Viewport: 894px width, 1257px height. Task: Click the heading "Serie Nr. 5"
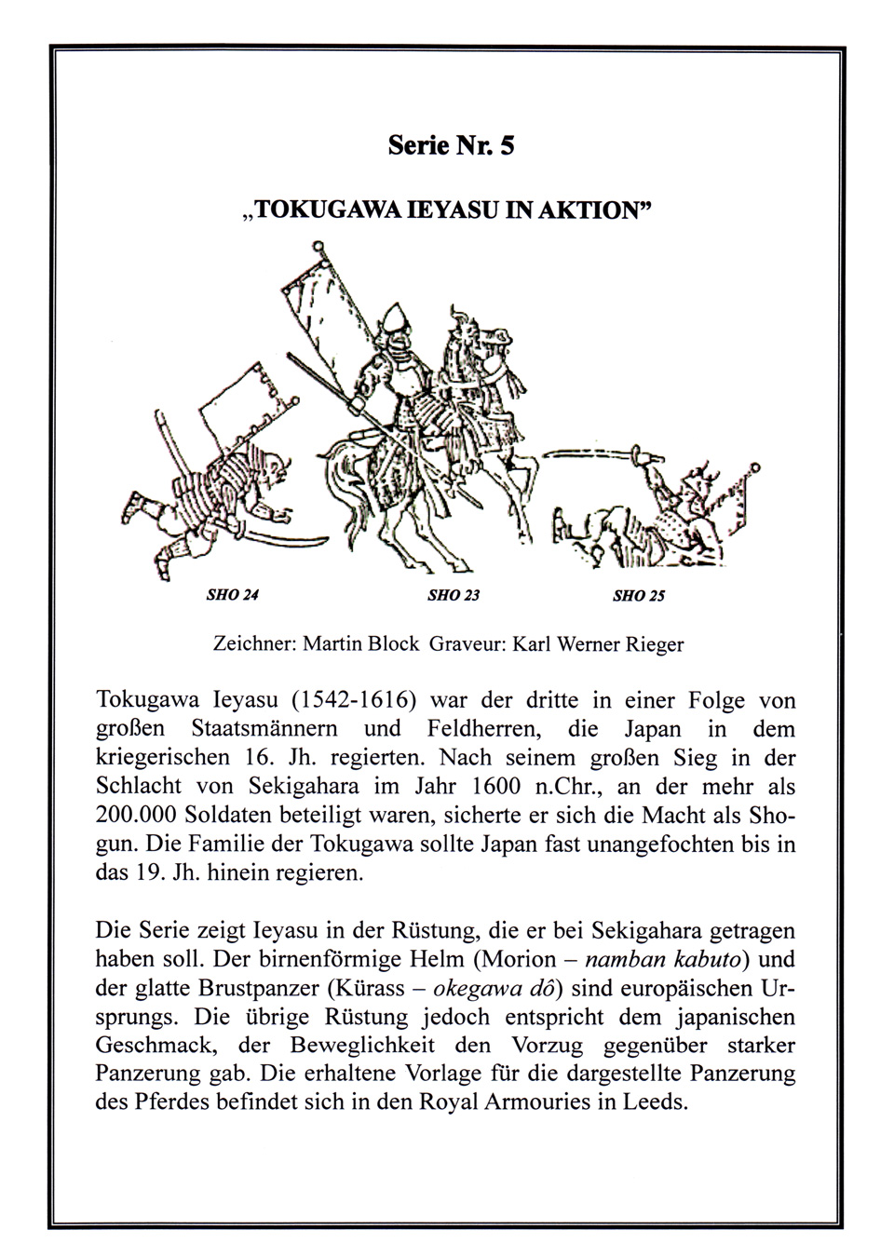point(451,146)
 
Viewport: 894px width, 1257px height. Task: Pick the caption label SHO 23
point(454,595)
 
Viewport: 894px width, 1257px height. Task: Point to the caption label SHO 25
point(639,595)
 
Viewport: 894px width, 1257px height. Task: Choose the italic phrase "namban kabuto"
point(664,959)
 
